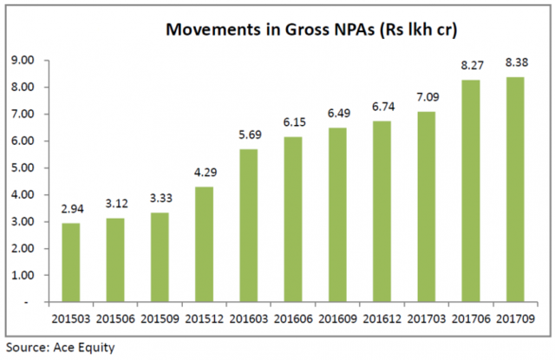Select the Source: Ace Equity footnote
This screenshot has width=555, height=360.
click(60, 348)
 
